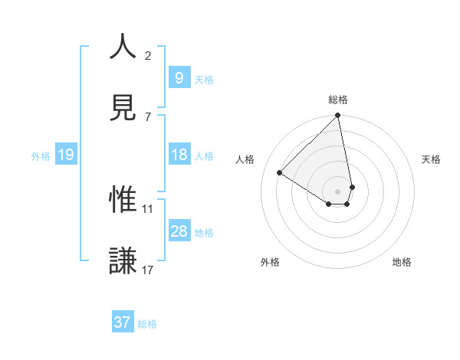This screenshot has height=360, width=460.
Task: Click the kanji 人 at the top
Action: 123,47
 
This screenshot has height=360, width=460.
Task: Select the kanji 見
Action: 123,108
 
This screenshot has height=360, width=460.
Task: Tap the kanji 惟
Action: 123,200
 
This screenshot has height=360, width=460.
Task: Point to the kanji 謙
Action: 123,260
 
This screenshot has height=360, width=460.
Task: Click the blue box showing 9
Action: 179,77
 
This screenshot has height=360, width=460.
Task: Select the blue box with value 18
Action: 179,155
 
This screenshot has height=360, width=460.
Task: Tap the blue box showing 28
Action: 179,231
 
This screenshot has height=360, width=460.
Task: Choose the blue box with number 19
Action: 65,155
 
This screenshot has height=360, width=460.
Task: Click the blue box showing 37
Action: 122,322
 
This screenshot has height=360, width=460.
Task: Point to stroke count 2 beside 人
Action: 147,56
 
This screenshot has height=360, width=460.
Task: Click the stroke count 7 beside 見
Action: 147,116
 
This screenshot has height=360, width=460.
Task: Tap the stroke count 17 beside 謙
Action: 147,270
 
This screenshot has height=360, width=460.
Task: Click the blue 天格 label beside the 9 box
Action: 204,79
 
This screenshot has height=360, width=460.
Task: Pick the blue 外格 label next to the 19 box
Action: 41,156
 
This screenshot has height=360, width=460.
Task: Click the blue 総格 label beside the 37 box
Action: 147,324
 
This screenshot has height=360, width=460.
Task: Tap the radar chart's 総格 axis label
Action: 338,100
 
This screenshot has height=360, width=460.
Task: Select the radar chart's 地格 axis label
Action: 402,262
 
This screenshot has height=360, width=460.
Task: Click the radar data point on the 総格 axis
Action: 338,116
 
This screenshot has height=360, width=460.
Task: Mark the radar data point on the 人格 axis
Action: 280,173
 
